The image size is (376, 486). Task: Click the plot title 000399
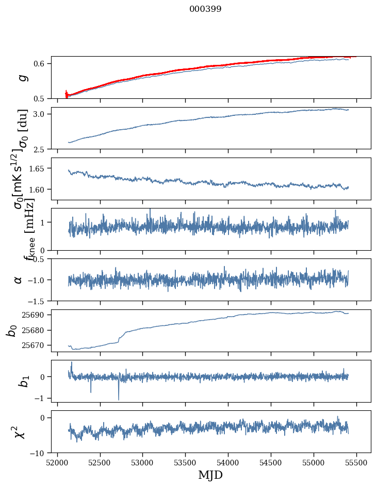pos(205,9)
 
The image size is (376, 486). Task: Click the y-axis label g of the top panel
pos(21,78)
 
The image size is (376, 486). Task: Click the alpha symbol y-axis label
pos(19,280)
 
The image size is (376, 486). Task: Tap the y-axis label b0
pos(12,330)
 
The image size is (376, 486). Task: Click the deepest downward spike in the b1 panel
pos(119,399)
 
